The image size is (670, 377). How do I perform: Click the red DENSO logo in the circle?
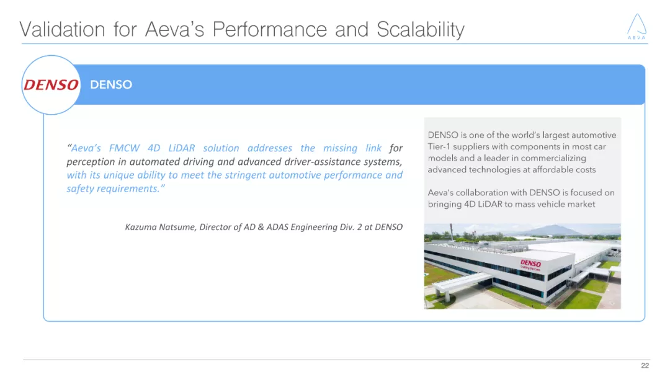click(51, 85)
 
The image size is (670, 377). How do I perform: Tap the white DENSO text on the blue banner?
click(111, 85)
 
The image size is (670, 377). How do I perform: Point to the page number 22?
click(645, 366)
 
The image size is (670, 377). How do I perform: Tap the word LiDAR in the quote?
click(182, 148)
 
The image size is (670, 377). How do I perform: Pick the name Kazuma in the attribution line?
click(141, 227)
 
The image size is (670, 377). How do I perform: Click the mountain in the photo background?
click(546, 229)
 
